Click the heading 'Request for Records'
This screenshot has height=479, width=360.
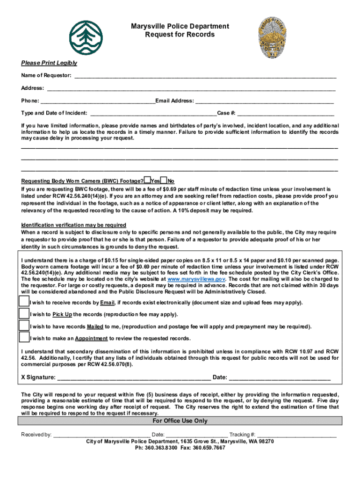(x=180, y=35)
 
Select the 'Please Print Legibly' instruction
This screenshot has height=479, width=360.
(x=49, y=63)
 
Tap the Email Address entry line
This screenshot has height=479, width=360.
(x=264, y=101)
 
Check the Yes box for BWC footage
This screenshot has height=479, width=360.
(x=147, y=181)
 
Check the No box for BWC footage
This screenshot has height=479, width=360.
(x=164, y=181)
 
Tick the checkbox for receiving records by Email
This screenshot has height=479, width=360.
(x=24, y=302)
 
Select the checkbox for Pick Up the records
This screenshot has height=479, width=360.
(x=24, y=314)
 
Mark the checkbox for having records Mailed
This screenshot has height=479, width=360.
(x=24, y=326)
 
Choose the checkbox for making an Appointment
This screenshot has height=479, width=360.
(x=24, y=337)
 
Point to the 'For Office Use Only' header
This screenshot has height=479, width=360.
(x=180, y=421)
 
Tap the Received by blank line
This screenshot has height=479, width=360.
(x=101, y=435)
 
